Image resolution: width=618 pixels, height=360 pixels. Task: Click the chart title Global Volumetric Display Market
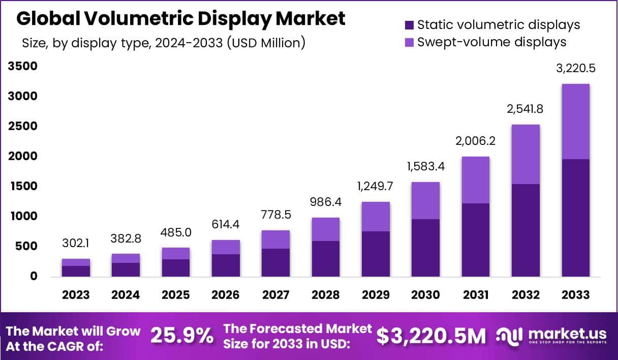(x=181, y=19)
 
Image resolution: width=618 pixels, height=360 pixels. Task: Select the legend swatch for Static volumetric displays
(x=409, y=25)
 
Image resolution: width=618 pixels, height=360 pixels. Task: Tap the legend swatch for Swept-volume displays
(x=409, y=42)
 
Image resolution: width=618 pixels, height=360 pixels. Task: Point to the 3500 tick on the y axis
(x=22, y=66)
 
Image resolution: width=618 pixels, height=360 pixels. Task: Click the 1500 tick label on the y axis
(x=22, y=186)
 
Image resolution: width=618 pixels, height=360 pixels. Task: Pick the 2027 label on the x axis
(x=275, y=295)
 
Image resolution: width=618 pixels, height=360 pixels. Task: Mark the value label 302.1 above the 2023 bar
(x=76, y=243)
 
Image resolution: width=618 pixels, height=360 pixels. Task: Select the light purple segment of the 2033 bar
(x=576, y=122)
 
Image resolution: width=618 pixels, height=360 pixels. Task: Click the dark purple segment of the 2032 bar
(x=526, y=230)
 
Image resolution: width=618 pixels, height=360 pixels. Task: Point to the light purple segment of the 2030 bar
(x=425, y=200)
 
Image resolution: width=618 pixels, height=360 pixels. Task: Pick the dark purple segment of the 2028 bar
(x=325, y=258)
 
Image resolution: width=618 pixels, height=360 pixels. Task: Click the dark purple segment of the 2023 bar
(x=76, y=271)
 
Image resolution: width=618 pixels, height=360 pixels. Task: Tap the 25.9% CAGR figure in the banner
(x=182, y=336)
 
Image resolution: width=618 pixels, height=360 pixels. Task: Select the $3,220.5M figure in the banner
(x=430, y=336)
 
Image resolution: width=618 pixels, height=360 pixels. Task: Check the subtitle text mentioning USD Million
(x=163, y=43)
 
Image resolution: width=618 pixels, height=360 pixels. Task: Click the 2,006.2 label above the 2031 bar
(x=476, y=142)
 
